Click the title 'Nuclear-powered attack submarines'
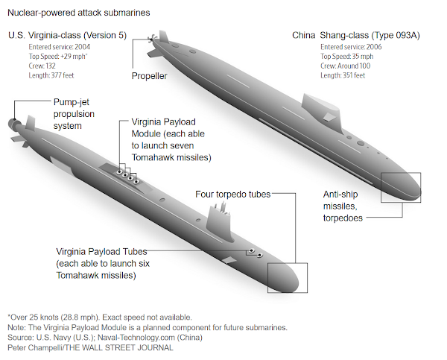click(77, 13)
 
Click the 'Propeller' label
click(150, 76)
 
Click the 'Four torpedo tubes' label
click(232, 195)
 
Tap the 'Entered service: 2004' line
click(59, 46)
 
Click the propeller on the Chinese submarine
click(153, 38)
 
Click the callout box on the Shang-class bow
click(401, 187)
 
